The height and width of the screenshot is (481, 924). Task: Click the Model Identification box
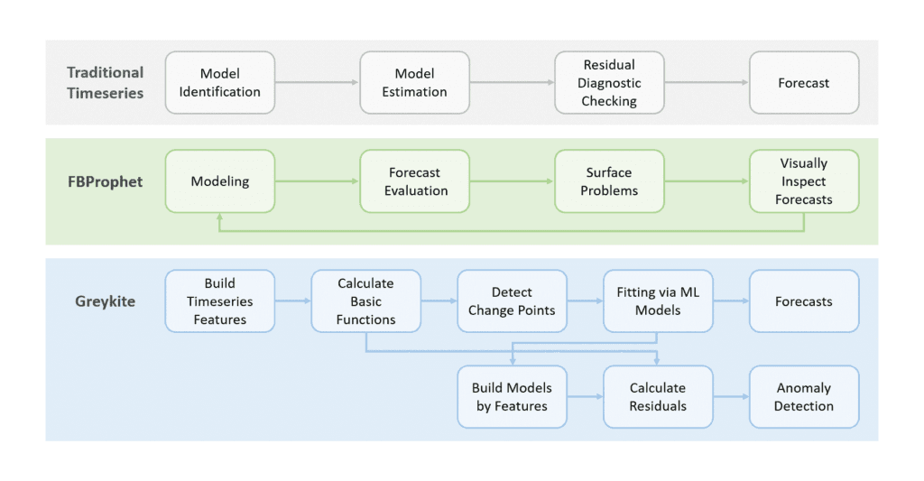219,82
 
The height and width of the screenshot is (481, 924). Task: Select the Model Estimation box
414,82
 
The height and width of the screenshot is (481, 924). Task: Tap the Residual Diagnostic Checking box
609,82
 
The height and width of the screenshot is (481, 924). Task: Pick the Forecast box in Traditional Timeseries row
803,82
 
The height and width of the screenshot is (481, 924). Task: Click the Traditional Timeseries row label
105,82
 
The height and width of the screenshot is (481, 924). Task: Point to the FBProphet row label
104,181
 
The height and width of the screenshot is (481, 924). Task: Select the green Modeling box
219,181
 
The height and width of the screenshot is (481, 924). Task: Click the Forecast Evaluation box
414,181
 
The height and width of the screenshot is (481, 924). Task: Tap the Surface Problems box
609,181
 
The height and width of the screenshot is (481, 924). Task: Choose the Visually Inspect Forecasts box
803,181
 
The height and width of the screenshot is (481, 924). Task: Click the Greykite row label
105,301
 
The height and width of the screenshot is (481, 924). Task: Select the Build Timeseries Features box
219,301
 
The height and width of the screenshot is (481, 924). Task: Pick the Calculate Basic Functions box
365,301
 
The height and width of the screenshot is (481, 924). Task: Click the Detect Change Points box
512,301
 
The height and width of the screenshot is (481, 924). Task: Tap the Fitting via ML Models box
658,301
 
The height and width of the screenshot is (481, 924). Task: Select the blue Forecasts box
803,301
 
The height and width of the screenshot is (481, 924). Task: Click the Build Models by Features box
512,397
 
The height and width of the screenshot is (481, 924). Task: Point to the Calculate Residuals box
658,397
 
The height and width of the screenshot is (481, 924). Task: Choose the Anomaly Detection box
803,397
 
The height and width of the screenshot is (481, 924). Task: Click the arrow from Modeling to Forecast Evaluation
317,181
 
